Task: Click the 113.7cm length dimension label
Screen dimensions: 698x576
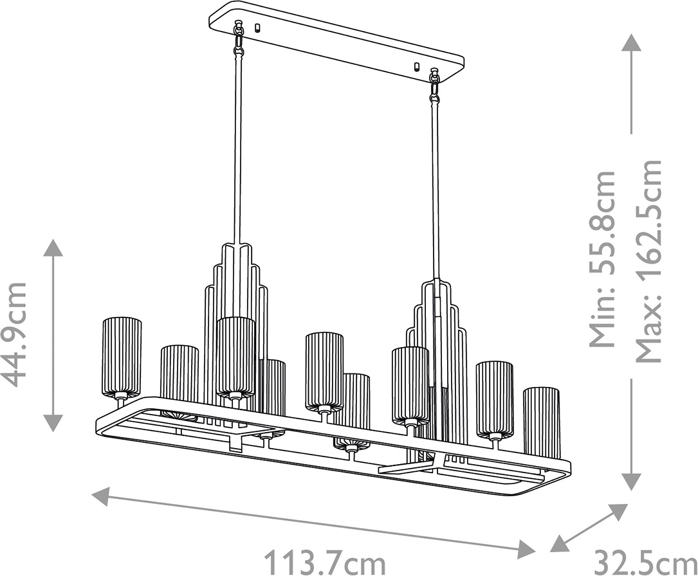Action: click(x=325, y=562)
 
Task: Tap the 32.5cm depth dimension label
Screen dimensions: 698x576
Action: click(x=645, y=562)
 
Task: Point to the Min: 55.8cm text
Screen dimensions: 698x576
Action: click(x=603, y=259)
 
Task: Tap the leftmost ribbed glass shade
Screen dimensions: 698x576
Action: click(x=122, y=357)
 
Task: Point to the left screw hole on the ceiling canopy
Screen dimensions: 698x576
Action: click(x=257, y=28)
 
